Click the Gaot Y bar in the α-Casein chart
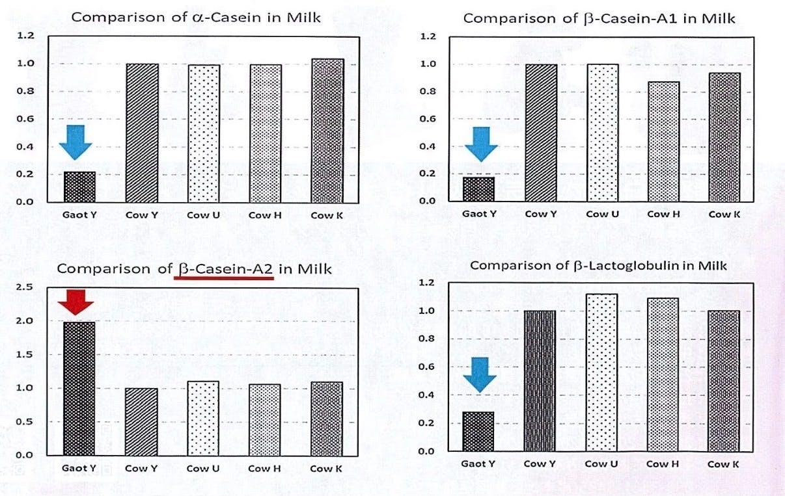tap(79, 186)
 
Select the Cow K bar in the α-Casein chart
tap(327, 130)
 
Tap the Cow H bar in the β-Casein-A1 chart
tap(664, 141)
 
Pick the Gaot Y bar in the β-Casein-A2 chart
tap(79, 388)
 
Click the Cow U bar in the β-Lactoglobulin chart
tap(601, 372)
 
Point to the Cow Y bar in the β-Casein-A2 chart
tap(141, 421)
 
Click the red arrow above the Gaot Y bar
tap(76, 302)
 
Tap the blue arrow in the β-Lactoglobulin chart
tap(480, 374)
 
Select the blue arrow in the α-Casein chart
tap(76, 142)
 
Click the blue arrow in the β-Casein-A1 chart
tap(481, 144)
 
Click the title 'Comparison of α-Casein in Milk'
tap(196, 18)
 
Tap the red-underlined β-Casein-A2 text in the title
tap(224, 268)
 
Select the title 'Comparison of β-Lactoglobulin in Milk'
tap(598, 265)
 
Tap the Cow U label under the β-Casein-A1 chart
tap(602, 214)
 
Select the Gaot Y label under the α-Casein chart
tap(79, 215)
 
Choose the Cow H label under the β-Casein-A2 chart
tap(264, 468)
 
